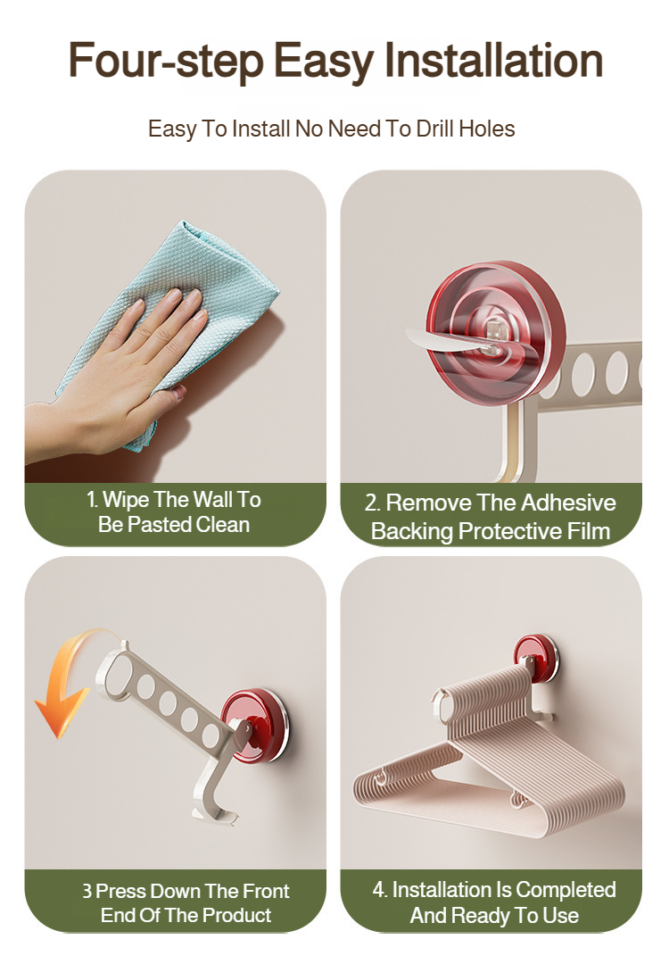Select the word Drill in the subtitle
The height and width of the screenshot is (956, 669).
435,129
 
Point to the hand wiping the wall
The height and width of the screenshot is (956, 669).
116,378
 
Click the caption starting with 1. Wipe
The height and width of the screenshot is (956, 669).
174,512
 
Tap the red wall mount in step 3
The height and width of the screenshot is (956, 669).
256,726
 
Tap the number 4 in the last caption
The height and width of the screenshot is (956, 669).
377,890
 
